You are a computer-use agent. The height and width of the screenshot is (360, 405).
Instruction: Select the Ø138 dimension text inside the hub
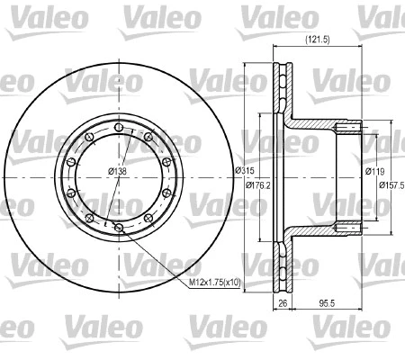tap(117, 170)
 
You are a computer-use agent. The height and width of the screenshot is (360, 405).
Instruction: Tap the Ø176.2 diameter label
tap(261, 185)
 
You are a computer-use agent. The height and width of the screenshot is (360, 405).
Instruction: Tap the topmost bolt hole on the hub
tap(118, 128)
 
